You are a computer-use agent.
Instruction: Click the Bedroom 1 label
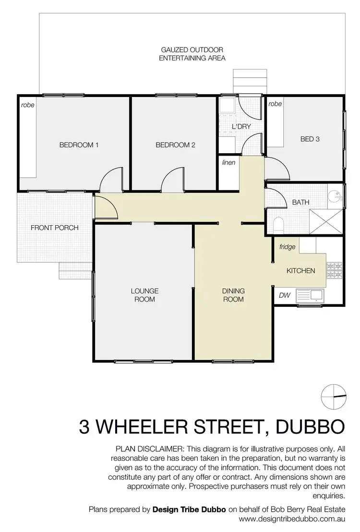[79, 145]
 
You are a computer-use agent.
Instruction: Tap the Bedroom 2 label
[175, 145]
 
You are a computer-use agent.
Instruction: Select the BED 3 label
[310, 139]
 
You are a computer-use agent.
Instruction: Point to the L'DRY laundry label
[241, 127]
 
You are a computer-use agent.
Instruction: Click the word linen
[228, 162]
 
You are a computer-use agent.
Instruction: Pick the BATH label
[300, 202]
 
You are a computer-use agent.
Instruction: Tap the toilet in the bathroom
[278, 224]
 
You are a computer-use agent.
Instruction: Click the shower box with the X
[326, 222]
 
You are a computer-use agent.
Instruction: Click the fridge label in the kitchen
[287, 247]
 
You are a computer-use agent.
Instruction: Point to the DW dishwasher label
[285, 295]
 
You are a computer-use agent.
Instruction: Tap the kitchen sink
[311, 295]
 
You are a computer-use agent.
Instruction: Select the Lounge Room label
[144, 295]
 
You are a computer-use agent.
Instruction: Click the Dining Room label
[233, 295]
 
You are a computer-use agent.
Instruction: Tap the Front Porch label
[54, 228]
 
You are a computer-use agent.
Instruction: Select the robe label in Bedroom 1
[28, 105]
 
